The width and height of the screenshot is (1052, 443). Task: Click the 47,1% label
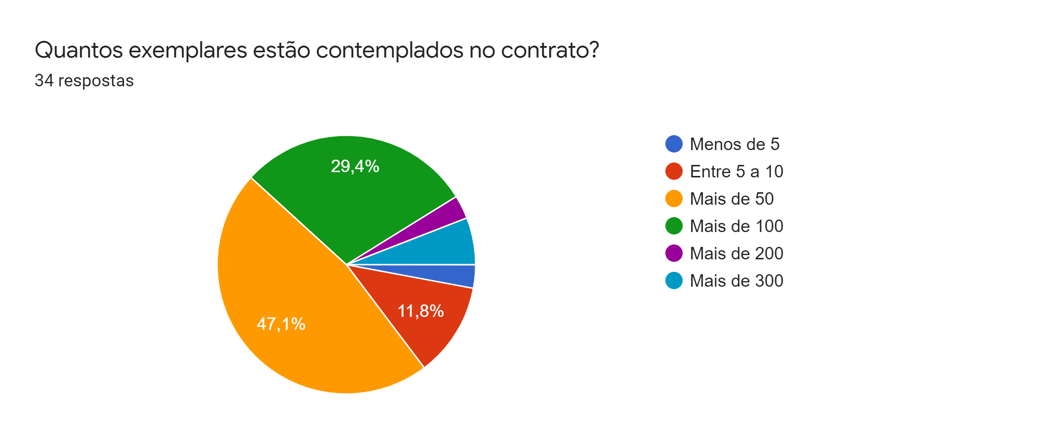(281, 324)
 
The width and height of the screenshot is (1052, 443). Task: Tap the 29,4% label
(355, 166)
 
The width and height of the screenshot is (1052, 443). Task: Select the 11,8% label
(421, 311)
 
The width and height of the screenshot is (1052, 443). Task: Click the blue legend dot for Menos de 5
(674, 144)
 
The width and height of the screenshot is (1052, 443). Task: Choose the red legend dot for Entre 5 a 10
(674, 171)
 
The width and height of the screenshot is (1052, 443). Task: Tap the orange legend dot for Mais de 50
(674, 198)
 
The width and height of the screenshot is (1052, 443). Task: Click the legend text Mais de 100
(736, 226)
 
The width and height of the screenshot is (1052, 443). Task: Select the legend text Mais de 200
(736, 253)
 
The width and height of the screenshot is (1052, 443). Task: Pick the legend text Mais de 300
(736, 280)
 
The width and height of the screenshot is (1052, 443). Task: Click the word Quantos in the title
(79, 50)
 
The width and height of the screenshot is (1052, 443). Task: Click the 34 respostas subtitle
(84, 81)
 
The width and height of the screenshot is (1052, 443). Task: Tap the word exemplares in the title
(188, 50)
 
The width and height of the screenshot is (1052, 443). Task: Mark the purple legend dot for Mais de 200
(674, 253)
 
